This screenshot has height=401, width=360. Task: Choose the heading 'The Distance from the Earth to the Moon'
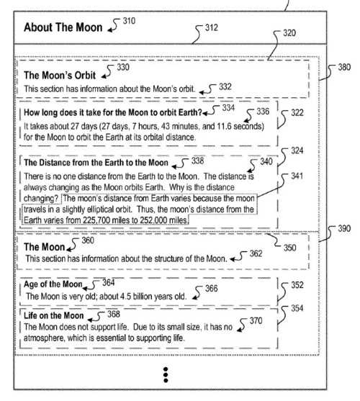tap(96, 163)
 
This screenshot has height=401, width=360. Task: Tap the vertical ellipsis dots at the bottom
tap(166, 374)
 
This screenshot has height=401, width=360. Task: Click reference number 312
tap(211, 28)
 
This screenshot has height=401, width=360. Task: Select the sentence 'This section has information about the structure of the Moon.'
tap(126, 258)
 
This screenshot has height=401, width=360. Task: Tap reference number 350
tap(289, 248)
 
